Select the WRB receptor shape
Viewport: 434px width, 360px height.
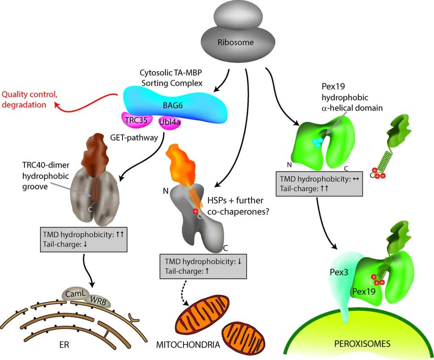point(99,301)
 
